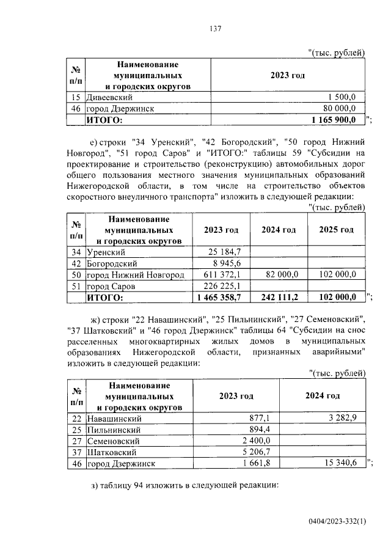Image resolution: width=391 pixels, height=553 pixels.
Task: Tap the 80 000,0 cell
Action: [x=345, y=108]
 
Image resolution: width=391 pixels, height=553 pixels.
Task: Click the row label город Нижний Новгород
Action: [x=135, y=275]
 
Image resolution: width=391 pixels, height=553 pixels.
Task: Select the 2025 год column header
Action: [x=336, y=230]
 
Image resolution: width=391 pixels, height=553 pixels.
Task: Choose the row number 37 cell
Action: [x=76, y=452]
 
